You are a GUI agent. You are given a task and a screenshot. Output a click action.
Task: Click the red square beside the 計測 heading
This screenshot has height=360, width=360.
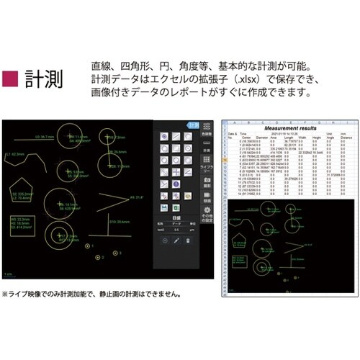tap(12, 77)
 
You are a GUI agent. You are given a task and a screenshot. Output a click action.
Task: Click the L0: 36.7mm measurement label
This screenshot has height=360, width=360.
tap(44, 135)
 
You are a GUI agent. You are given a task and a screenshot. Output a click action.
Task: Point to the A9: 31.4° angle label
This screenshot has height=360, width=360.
tap(136, 196)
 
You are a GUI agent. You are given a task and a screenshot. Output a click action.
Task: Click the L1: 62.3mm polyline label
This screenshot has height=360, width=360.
tap(16, 153)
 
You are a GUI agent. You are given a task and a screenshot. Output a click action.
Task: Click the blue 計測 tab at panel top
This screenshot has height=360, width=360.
tap(193, 125)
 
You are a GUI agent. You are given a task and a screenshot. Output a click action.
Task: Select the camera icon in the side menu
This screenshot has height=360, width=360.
tap(207, 181)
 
